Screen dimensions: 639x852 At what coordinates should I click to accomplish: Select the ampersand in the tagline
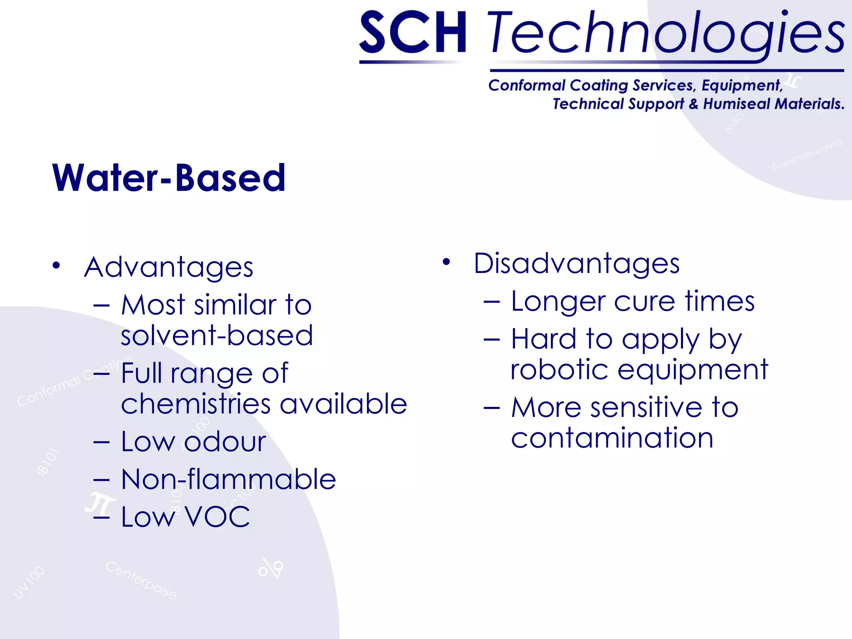(693, 104)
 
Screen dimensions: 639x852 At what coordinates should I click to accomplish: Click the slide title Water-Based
(169, 178)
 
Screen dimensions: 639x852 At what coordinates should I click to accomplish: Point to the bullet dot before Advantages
(57, 265)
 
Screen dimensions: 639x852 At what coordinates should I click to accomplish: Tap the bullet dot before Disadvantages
(446, 262)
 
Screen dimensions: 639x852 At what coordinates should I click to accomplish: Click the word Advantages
(168, 267)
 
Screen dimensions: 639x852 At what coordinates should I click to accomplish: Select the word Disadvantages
(577, 264)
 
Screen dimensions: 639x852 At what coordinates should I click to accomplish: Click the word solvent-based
(217, 335)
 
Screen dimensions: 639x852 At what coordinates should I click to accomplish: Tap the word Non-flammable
(228, 479)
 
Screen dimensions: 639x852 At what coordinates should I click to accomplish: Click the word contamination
(612, 438)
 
